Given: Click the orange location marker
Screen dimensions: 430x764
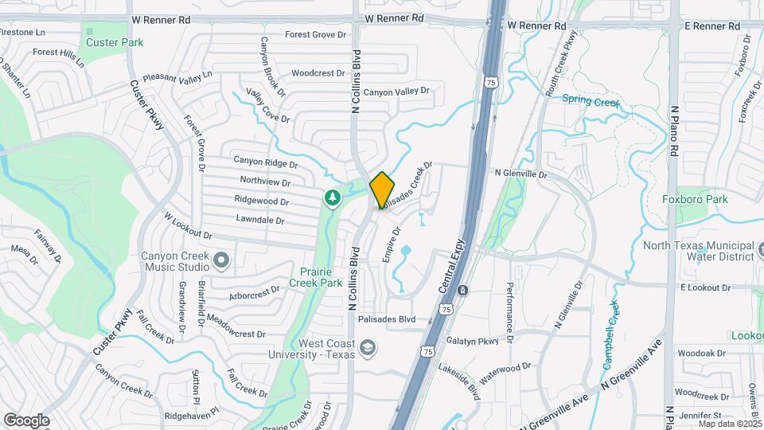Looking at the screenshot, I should point(382,190).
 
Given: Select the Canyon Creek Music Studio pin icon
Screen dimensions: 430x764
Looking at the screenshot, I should point(221,260).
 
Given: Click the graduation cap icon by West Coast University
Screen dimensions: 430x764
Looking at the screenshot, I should point(367,348).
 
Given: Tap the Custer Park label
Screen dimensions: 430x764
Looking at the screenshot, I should point(115,42).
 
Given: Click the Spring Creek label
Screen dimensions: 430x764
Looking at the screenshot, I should point(590,100).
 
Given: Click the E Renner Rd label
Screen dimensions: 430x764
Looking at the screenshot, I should point(711,26).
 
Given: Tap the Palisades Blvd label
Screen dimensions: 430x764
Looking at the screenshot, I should point(387,319).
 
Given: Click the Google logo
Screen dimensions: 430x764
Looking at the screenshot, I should point(26,420).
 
